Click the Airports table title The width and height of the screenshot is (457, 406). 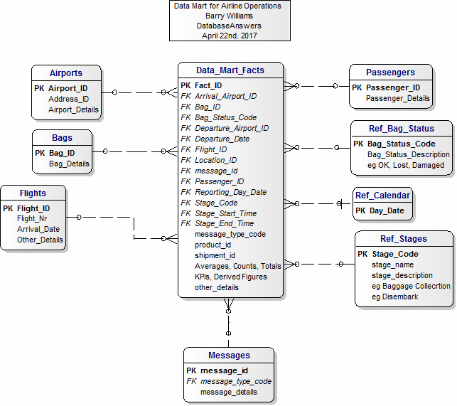tap(66, 73)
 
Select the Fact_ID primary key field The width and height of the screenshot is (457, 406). tap(208, 85)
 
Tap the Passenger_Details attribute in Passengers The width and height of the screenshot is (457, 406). tap(398, 98)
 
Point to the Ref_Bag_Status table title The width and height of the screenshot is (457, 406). tap(402, 128)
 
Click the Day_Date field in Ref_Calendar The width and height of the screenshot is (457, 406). tap(387, 210)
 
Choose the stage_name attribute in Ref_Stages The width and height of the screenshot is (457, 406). tap(392, 265)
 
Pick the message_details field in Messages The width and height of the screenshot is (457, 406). tap(229, 392)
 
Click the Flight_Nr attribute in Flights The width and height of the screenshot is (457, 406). tap(32, 218)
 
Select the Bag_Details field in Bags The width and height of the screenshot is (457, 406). tap(69, 164)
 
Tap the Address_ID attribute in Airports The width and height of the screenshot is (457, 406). tap(68, 99)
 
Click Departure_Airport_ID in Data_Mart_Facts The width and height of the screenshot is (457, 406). tap(232, 128)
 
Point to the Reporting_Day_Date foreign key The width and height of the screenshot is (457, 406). tap(230, 192)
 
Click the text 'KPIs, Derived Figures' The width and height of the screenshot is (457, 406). tap(231, 277)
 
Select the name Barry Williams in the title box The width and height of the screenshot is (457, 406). tap(229, 16)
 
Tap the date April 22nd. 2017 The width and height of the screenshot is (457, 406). tap(230, 36)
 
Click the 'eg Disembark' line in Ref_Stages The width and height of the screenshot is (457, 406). tap(395, 297)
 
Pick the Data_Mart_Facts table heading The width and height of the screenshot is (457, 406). tap(230, 70)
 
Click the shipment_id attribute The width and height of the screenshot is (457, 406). tap(215, 255)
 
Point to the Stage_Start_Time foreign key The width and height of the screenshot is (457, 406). tap(225, 213)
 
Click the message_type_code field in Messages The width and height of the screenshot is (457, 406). tap(236, 382)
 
